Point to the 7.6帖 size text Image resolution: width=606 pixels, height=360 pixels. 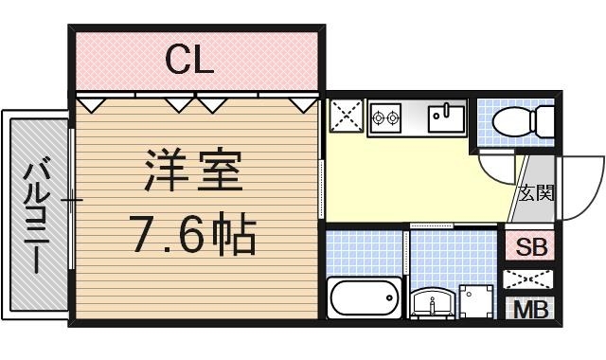(193, 235)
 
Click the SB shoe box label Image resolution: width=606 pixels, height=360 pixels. (531, 248)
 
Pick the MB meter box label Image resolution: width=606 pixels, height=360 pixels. (531, 310)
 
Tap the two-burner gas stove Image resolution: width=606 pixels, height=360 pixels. (386, 118)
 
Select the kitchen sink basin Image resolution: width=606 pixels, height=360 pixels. (445, 119)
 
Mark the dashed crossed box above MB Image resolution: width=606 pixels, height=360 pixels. (531, 280)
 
